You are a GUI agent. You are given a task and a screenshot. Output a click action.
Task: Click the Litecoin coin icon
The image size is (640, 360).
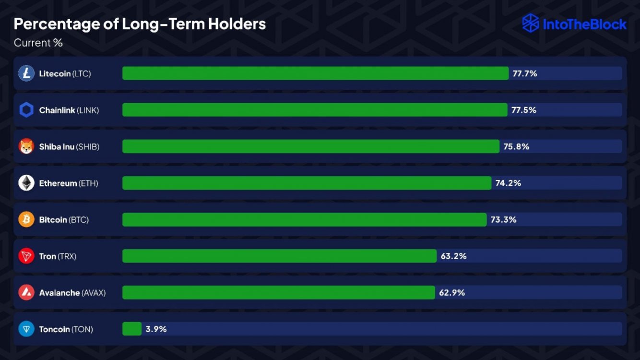pos(26,73)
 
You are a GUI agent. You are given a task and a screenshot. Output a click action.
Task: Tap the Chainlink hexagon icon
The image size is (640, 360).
pos(26,110)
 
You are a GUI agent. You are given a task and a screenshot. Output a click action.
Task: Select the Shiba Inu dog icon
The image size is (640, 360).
pos(26,146)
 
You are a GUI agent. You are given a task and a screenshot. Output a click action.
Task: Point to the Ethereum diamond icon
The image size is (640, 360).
pos(26,183)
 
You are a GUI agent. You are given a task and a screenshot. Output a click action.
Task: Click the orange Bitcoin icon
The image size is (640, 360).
pos(26,219)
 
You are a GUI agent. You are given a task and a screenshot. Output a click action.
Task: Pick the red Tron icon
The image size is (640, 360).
pos(26,256)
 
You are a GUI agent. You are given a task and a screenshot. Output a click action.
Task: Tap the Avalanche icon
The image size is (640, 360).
pos(26,292)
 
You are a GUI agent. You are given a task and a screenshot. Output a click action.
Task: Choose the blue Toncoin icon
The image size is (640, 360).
pos(26,329)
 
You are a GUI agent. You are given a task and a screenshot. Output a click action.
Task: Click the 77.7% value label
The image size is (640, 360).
pos(524,73)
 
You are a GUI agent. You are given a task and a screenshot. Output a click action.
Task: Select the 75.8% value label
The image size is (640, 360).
pos(516,146)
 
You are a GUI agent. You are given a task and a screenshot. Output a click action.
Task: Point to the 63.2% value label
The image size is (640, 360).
pos(453,256)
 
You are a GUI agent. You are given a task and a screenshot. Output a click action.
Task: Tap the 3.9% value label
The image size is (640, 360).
pos(156,329)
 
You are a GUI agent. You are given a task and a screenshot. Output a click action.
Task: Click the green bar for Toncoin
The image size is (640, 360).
pos(132,329)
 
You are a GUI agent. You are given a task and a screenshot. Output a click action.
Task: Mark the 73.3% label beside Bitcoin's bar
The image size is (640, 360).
pos(503,219)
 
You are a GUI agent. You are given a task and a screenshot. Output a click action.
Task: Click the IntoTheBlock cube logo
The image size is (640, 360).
pos(531,23)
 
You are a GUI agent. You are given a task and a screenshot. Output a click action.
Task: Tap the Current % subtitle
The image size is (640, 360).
pos(38,43)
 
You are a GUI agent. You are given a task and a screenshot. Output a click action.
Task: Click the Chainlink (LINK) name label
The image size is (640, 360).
pos(69,110)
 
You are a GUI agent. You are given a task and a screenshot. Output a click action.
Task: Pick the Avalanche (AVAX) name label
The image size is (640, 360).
pos(72,292)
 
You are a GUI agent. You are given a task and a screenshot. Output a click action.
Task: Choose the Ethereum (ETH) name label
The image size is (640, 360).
pos(69,183)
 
